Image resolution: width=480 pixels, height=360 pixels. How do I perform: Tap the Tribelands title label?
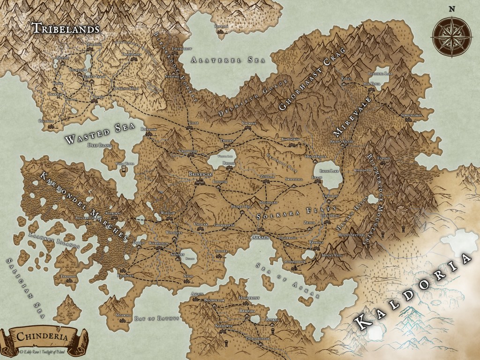[65, 28]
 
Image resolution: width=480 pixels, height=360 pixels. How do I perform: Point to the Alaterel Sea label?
[223, 60]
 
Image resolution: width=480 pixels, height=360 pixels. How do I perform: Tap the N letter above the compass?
[452, 8]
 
